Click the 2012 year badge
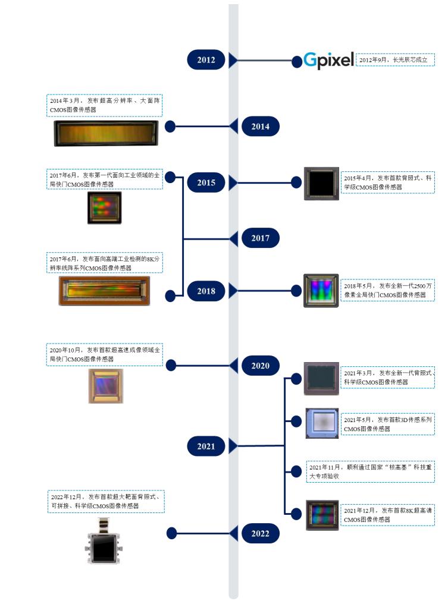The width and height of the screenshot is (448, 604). click(206, 60)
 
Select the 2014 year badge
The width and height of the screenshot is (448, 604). click(260, 127)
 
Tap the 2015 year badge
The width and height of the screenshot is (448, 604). click(206, 183)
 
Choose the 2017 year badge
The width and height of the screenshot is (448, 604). click(260, 238)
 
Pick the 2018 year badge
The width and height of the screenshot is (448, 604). click(206, 291)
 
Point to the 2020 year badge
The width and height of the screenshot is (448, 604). click(260, 366)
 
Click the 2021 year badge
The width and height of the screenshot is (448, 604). click(206, 446)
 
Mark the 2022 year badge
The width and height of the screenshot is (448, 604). click(260, 534)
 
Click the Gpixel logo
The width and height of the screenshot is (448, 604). click(328, 60)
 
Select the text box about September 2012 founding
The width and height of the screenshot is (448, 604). click(396, 60)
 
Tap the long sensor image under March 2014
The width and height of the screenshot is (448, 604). click(106, 133)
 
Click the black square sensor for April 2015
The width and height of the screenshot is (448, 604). click(321, 183)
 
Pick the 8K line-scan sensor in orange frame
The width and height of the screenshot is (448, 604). click(104, 291)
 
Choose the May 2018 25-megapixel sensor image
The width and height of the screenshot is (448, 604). click(321, 291)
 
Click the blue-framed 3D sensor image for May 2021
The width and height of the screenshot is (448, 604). click(322, 423)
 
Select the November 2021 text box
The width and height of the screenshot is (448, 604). click(370, 471)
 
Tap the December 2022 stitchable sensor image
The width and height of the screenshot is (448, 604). click(105, 540)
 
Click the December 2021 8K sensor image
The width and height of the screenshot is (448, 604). click(322, 515)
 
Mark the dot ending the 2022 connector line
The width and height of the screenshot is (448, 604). click(171, 534)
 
